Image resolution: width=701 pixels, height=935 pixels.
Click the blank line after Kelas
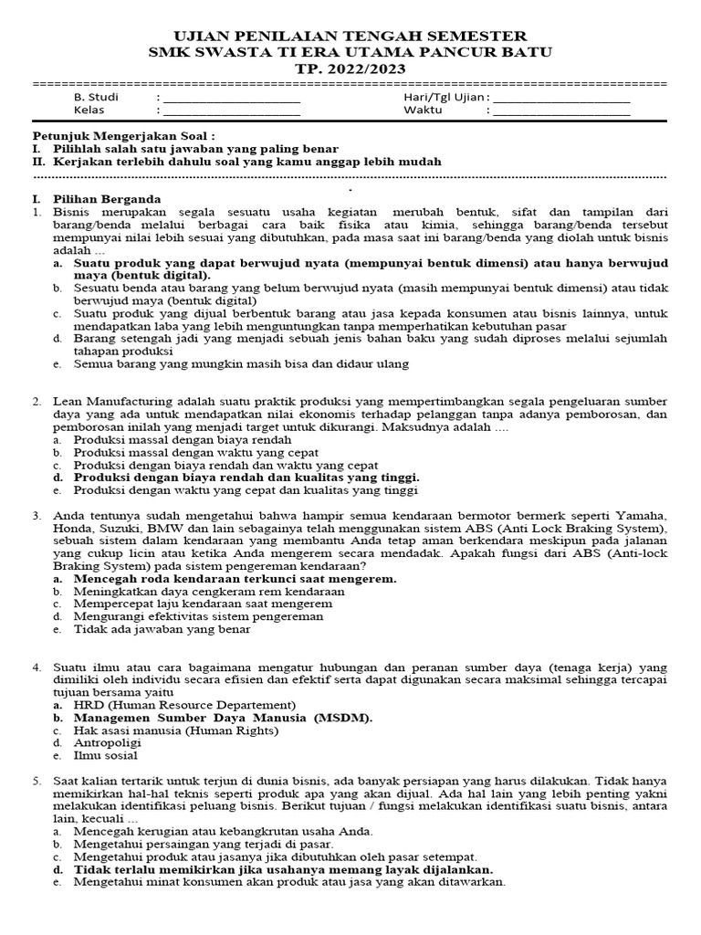[x=231, y=113]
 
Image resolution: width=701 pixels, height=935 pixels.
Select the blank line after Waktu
[x=560, y=113]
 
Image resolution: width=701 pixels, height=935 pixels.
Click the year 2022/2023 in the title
[x=375, y=68]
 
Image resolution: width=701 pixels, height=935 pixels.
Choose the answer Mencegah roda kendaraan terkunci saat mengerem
[x=235, y=579]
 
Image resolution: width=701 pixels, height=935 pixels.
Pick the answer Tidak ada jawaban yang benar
[x=164, y=630]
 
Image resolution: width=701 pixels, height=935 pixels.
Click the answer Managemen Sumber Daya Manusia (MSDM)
[x=223, y=718]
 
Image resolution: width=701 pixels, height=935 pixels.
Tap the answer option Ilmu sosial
[x=106, y=756]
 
